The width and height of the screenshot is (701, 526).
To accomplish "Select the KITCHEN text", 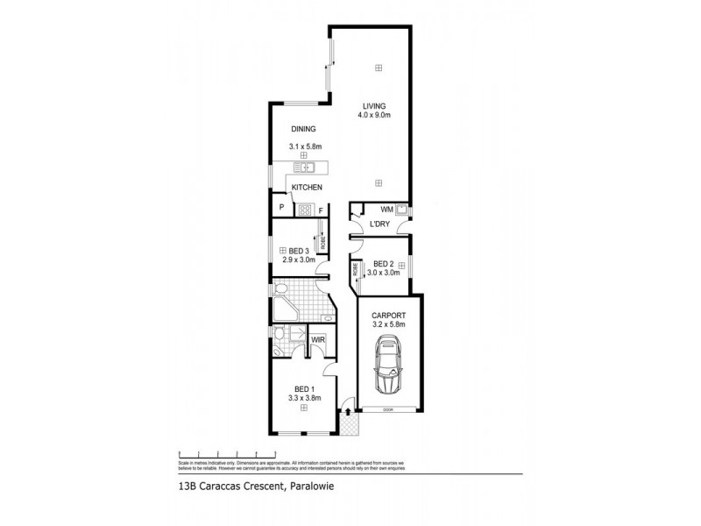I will coord(307,188).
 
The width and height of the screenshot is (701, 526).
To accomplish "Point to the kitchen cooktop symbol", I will coord(306,209).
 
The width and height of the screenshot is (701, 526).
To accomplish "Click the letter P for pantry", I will coord(281,208).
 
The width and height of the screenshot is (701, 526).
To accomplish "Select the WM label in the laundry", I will coord(386,210).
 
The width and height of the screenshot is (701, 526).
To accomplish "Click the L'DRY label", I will coord(379,225).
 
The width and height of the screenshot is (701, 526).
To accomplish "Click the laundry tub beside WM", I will coord(401,210).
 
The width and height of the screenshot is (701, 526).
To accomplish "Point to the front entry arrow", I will coord(348,411).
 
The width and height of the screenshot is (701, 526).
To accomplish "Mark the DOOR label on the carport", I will coord(387,410).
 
